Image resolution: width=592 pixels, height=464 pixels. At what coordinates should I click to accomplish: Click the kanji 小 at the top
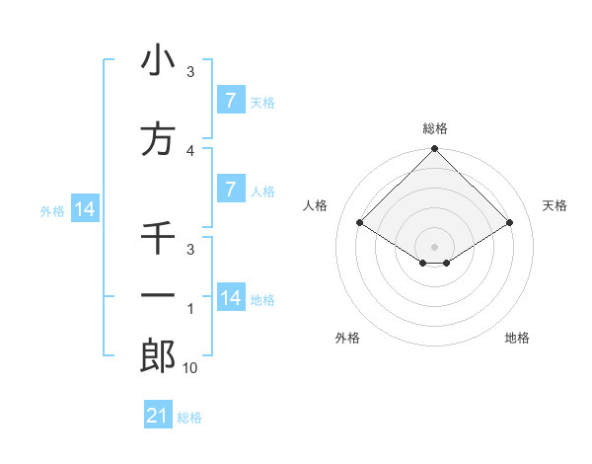tap(158, 61)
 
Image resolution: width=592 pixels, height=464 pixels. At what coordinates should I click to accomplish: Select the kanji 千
tap(158, 239)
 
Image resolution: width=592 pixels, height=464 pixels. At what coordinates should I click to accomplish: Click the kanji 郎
tap(158, 356)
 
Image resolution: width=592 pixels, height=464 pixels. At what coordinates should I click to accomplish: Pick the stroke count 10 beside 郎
tap(190, 368)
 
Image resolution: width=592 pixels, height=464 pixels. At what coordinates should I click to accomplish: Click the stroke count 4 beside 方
tap(190, 151)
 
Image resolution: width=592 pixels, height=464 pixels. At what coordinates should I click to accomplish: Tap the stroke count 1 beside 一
tap(190, 310)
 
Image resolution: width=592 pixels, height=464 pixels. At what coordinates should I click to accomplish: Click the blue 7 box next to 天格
tap(230, 101)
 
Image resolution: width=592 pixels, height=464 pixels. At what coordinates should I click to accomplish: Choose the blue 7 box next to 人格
tap(230, 190)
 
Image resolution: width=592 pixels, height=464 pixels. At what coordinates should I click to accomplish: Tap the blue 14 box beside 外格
tap(84, 209)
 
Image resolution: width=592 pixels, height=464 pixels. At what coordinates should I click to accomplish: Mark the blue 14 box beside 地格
tap(230, 298)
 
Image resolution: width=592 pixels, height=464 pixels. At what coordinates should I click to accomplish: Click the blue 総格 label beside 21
tap(189, 418)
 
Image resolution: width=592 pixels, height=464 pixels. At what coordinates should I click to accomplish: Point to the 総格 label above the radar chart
tap(434, 129)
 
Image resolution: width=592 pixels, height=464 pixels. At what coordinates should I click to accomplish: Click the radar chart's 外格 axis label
tap(347, 339)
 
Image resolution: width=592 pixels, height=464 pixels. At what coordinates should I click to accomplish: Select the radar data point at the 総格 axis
tap(434, 149)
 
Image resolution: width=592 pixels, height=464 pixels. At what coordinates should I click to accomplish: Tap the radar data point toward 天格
tap(510, 224)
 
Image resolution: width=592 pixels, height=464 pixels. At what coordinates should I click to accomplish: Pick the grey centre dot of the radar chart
tap(434, 246)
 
